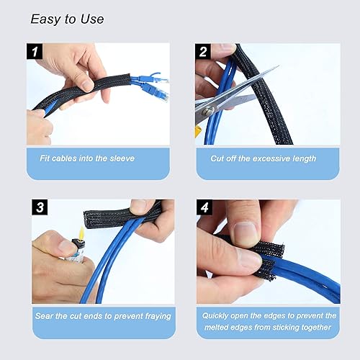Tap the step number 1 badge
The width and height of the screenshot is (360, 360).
pos(35,52)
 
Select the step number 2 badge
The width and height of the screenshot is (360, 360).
pos(204,52)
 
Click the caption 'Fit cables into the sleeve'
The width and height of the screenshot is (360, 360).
pos(87,158)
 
